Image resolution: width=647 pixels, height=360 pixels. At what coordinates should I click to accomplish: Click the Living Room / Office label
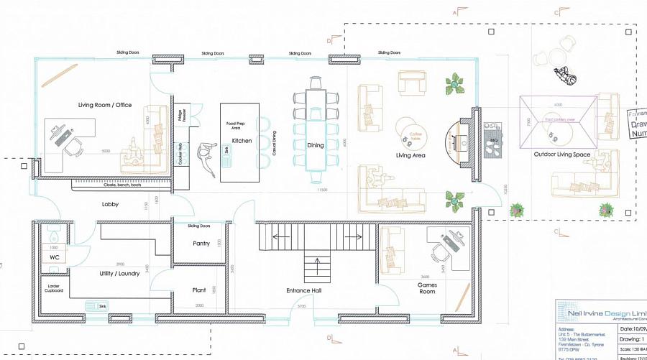(x=105, y=106)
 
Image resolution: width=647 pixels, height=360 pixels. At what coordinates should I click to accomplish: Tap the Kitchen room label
(x=242, y=141)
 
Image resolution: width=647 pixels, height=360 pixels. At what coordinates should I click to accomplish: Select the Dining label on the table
(x=316, y=145)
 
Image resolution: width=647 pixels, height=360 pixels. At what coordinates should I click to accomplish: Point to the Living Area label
(x=411, y=155)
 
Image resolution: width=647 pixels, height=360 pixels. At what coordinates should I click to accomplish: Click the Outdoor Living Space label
(x=561, y=154)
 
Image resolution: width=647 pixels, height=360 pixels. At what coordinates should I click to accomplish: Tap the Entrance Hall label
(x=303, y=290)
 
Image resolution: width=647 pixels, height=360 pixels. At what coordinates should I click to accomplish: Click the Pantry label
(x=201, y=244)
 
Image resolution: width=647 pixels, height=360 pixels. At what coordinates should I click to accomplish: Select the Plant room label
(x=199, y=290)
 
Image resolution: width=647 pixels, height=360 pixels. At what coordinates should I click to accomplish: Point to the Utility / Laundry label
(x=119, y=274)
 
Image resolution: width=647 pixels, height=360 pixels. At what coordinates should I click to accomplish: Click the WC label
(x=54, y=257)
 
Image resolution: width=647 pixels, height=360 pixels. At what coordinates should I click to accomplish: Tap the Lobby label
(x=110, y=205)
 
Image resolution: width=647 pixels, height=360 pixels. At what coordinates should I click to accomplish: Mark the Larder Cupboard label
(x=54, y=288)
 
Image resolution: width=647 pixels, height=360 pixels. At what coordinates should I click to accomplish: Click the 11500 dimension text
(x=323, y=190)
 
